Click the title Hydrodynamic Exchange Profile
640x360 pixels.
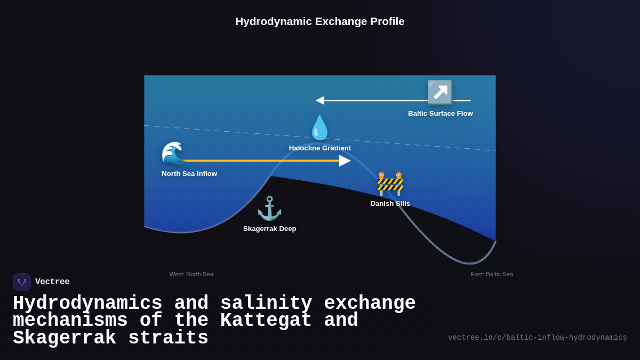(320, 21)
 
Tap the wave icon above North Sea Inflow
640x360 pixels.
(173, 154)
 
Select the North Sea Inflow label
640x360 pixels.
(189, 174)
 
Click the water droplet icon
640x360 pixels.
(319, 128)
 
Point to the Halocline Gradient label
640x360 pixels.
(320, 148)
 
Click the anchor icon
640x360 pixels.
(269, 208)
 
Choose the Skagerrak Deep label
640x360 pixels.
(270, 229)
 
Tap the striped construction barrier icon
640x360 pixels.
(390, 184)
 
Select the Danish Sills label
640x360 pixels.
(390, 204)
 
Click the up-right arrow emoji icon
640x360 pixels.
(440, 92)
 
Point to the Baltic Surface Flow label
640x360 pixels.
(441, 114)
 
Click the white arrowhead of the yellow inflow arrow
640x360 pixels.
(345, 161)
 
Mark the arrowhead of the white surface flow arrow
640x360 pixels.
(320, 100)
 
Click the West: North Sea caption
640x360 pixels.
(191, 274)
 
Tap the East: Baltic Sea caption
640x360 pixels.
(492, 274)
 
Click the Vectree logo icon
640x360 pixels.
(22, 282)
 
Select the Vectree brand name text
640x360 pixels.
(52, 282)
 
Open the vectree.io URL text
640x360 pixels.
(538, 338)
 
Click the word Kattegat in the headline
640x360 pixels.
(266, 321)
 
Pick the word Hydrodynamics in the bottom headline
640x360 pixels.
(87, 303)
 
